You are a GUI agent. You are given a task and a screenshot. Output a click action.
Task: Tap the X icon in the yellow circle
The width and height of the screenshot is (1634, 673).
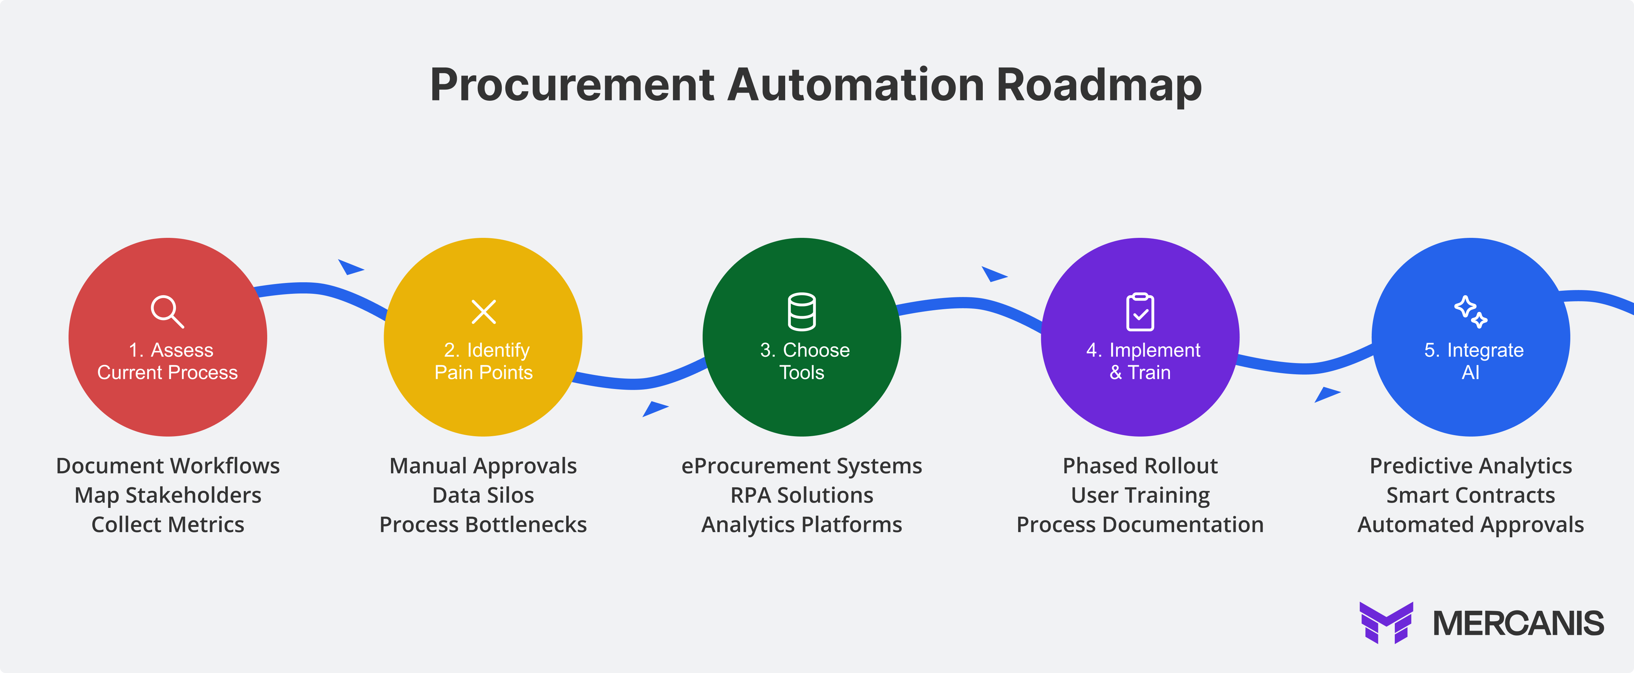[483, 311]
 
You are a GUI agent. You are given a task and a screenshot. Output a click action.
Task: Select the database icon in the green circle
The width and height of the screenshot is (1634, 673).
[802, 311]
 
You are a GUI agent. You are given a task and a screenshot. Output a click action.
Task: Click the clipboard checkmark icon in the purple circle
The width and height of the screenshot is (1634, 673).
[1140, 311]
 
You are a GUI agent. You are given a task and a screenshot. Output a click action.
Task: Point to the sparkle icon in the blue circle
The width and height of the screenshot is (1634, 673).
[1470, 311]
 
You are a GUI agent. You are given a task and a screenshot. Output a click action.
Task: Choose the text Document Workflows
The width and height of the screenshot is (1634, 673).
[168, 466]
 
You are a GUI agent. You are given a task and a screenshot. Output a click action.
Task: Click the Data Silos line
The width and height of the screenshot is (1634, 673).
[483, 495]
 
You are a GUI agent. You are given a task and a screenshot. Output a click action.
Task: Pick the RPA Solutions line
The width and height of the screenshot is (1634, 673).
[802, 495]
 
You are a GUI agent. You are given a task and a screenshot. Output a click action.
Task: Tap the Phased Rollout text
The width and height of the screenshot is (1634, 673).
[1140, 466]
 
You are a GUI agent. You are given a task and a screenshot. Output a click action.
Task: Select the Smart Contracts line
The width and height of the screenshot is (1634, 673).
[1470, 495]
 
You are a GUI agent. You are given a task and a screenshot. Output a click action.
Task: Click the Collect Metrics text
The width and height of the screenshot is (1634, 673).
[168, 525]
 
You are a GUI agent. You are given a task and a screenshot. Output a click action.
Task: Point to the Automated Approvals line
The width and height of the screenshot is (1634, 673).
[1470, 525]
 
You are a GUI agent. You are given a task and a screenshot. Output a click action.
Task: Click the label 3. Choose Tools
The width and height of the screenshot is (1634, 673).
[803, 361]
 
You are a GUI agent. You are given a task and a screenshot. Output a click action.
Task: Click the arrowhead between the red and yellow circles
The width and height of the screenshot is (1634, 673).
[349, 267]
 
